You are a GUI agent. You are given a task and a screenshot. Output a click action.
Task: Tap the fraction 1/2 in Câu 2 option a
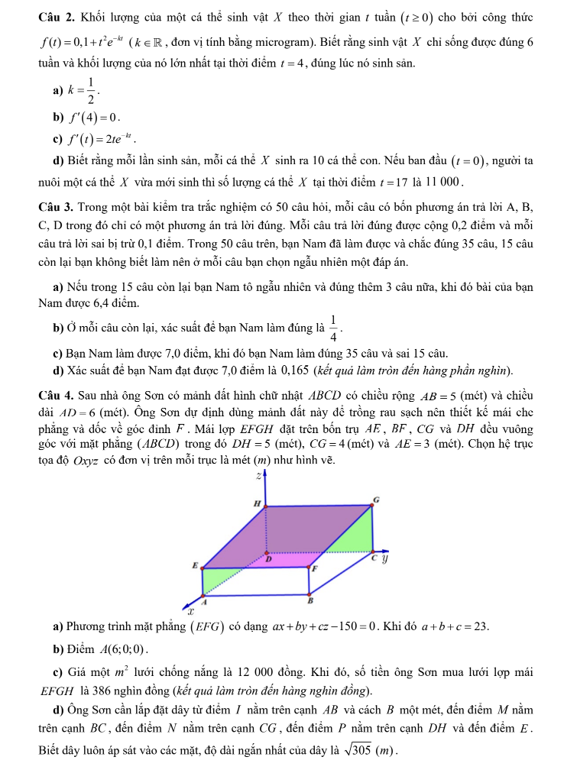(x=90, y=90)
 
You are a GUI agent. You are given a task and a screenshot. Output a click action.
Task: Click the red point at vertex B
(x=309, y=594)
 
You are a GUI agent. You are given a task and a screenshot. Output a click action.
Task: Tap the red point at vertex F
(x=309, y=567)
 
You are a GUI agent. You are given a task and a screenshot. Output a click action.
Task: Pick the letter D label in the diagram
(x=269, y=559)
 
